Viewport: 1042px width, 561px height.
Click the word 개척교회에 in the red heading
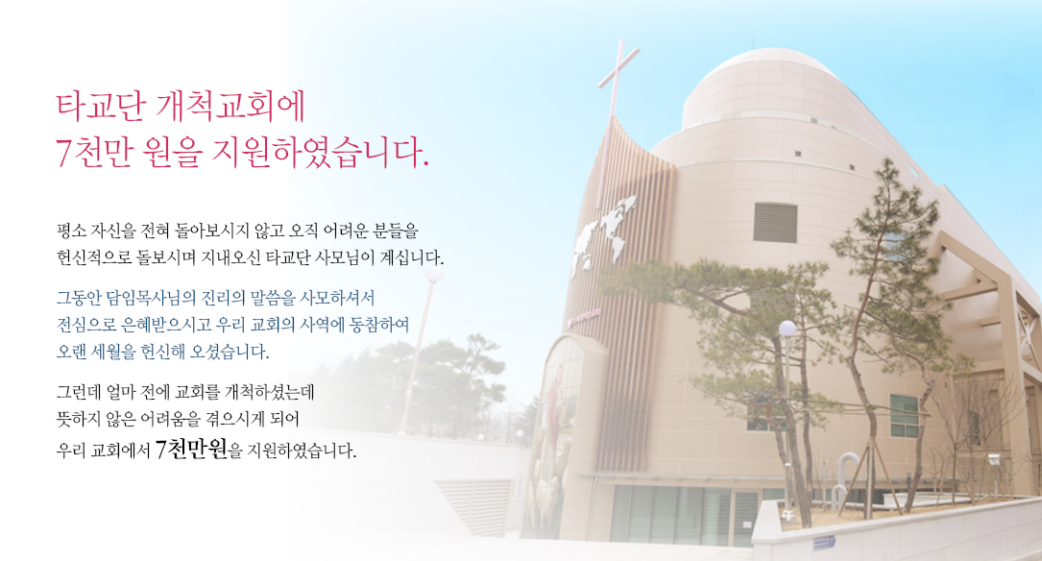(230, 107)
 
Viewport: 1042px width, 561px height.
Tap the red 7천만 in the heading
(94, 152)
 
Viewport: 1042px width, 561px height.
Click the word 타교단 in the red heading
(100, 107)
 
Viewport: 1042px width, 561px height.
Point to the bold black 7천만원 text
(191, 450)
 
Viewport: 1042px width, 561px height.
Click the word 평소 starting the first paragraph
(70, 231)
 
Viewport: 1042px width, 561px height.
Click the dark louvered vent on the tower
(775, 223)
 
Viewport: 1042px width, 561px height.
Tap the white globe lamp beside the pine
(788, 329)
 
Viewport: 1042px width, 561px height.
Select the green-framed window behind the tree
(904, 415)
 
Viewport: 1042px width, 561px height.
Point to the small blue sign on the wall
(823, 542)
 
